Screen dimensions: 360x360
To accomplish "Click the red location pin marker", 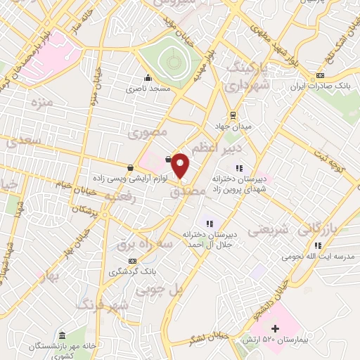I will [181, 166].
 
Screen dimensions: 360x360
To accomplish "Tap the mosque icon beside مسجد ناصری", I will [147, 78].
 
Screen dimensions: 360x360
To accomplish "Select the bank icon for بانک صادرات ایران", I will [321, 75].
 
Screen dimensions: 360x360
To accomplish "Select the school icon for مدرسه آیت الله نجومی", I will [318, 245].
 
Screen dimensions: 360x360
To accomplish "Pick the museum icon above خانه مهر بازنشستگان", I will [63, 335].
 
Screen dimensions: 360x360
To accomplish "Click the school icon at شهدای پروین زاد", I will [239, 168].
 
